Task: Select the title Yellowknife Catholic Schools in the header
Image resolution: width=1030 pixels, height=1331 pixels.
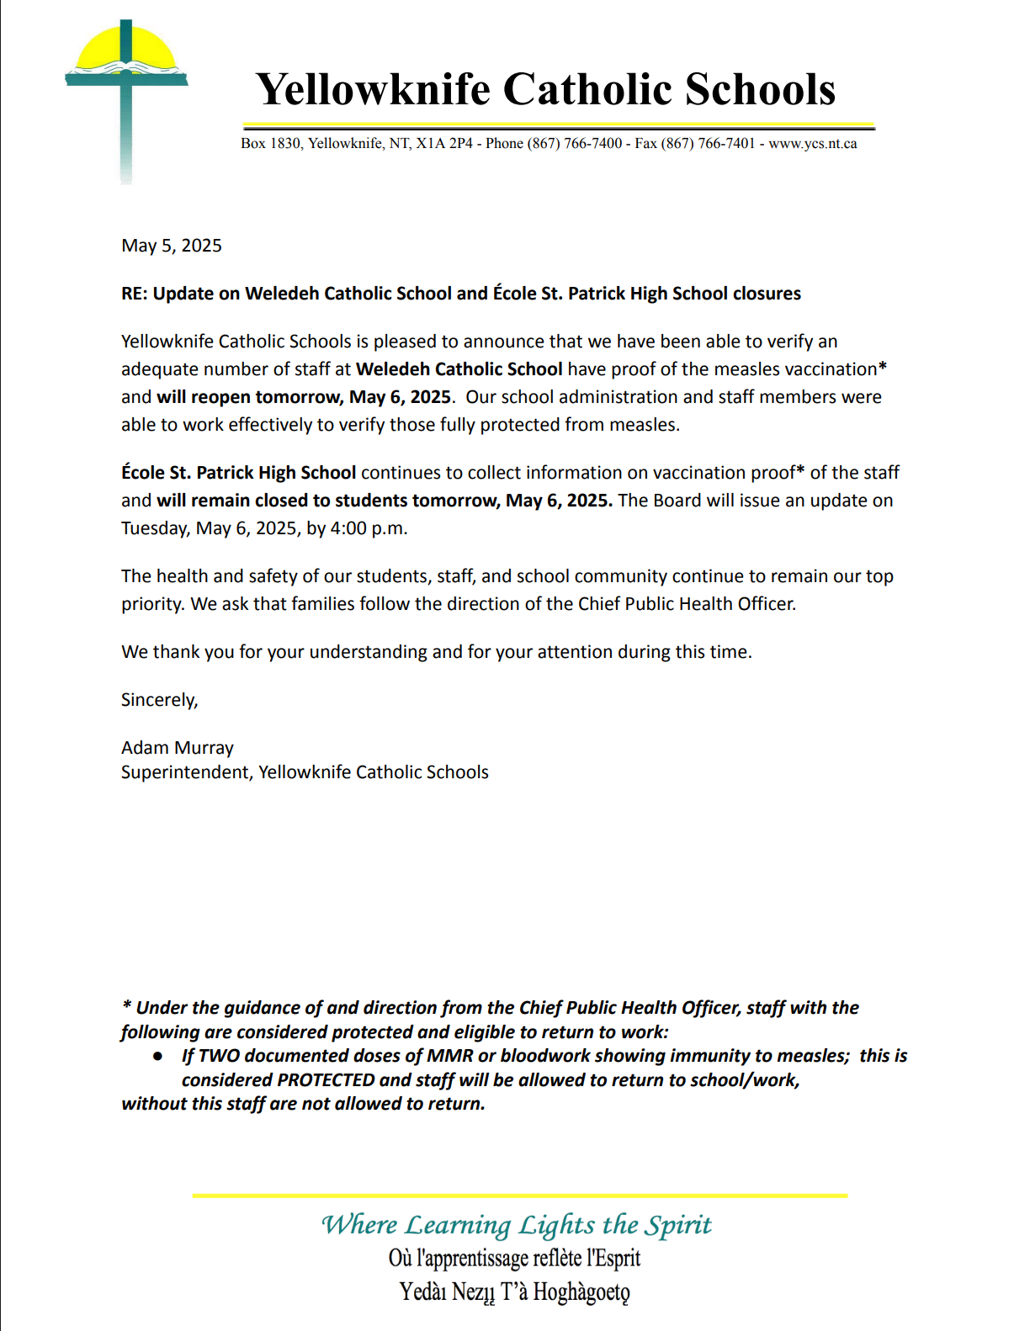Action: (545, 89)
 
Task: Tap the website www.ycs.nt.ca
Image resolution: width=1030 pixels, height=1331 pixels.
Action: (812, 144)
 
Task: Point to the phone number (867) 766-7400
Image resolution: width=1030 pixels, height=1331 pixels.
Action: (575, 144)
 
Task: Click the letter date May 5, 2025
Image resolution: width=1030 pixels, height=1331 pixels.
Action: (172, 246)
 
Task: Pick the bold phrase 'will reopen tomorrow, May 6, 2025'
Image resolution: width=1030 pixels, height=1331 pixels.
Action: (304, 397)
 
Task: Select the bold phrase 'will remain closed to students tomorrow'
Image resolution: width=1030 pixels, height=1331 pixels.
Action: (328, 501)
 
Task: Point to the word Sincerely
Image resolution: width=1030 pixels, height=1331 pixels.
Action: (159, 700)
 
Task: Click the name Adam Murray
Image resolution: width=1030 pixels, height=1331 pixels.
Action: (178, 748)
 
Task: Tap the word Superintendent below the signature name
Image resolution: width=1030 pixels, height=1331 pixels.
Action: (186, 772)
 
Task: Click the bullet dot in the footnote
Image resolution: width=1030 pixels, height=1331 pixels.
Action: (157, 1056)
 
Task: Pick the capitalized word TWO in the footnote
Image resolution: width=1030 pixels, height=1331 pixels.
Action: (219, 1056)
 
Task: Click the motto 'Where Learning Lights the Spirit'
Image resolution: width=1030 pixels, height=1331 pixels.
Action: (517, 1225)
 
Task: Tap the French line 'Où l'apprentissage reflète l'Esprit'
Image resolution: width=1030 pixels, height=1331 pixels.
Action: (514, 1259)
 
